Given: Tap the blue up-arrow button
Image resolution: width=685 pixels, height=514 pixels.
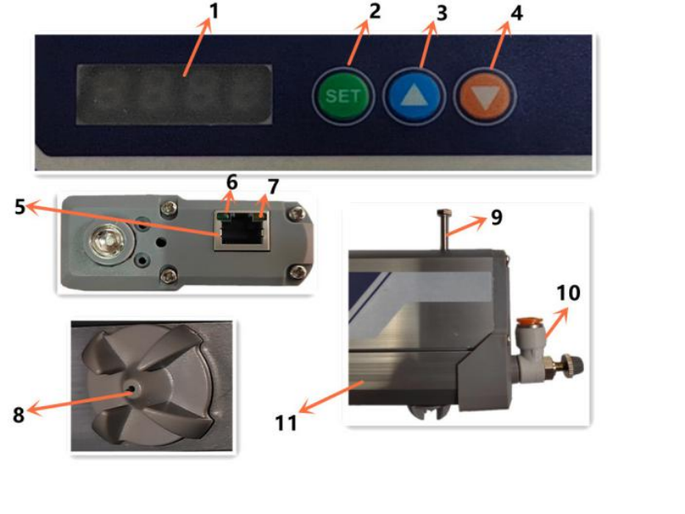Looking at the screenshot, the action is [414, 97].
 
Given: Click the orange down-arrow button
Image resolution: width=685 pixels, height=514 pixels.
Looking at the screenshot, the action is [485, 97].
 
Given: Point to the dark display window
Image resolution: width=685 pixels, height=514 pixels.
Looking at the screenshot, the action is [174, 94].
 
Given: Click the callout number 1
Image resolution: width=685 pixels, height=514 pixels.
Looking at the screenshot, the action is [214, 12].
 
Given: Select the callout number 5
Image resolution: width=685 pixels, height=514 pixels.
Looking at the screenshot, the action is [19, 207].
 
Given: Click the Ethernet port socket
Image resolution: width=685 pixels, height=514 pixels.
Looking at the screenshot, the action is [242, 230].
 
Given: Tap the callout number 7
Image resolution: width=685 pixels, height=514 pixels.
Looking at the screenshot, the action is [273, 187].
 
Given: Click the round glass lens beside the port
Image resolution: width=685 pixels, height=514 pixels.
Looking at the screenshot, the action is [106, 242].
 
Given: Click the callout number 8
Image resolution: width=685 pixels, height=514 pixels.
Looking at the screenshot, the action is [18, 415].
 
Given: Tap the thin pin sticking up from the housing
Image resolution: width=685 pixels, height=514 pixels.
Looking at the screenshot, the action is [444, 230].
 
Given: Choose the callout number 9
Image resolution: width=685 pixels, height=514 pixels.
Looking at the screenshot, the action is [496, 218].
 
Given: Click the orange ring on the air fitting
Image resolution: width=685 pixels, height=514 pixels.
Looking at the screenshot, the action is [527, 321].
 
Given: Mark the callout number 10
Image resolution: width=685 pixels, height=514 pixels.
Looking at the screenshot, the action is [568, 293].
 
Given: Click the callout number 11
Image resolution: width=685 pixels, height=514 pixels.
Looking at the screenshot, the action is [286, 423].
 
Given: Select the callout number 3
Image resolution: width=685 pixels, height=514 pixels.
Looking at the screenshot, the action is [441, 13].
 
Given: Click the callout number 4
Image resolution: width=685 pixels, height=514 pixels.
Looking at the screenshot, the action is [516, 13].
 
